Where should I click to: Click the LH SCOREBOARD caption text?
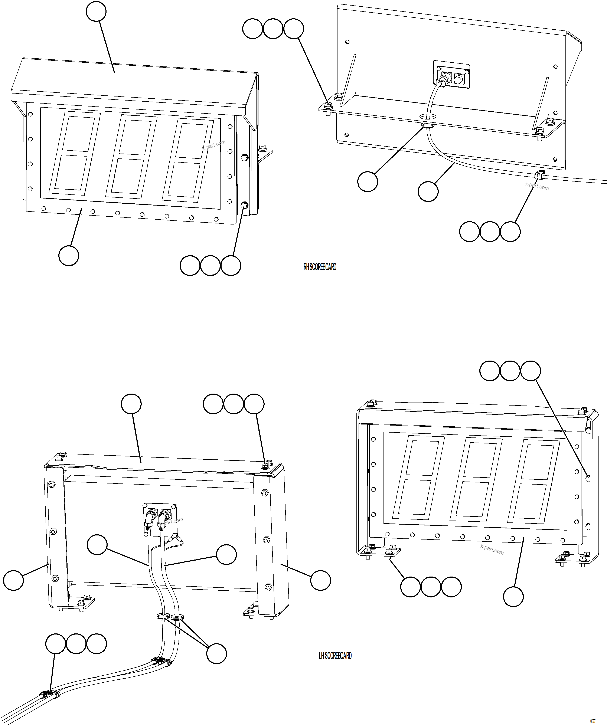pos(335,656)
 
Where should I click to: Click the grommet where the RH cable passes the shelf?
pos(428,126)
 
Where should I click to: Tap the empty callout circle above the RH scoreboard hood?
pos(96,11)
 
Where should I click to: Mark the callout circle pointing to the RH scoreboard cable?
pos(428,192)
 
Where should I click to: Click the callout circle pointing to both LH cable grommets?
pos(216,653)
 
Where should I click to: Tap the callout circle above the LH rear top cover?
pos(131,404)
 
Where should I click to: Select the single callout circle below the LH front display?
pos(513,596)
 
